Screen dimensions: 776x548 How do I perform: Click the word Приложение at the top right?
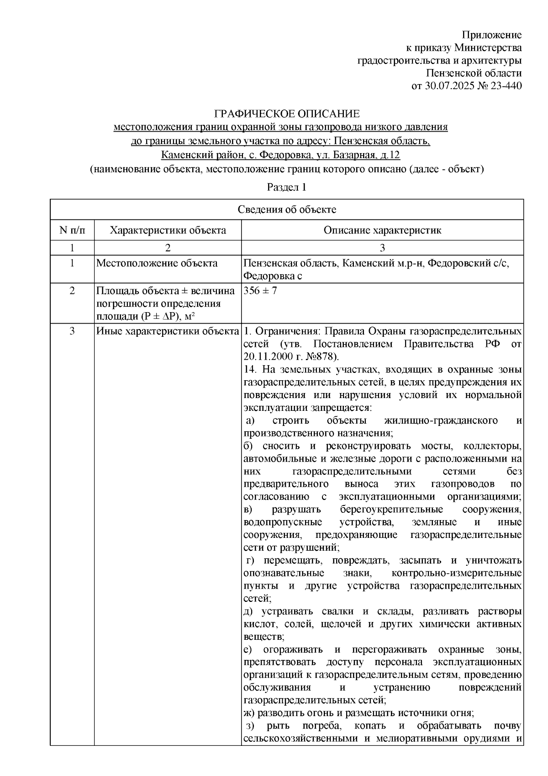click(x=492, y=35)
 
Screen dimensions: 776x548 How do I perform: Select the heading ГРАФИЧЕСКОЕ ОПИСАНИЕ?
click(x=287, y=113)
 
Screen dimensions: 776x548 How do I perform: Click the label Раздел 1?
click(x=286, y=187)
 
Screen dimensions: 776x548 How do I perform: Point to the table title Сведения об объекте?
click(x=287, y=209)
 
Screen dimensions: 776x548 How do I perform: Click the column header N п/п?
click(x=72, y=230)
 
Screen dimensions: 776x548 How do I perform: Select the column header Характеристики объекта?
click(x=168, y=230)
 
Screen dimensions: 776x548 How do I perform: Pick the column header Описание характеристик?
click(x=382, y=230)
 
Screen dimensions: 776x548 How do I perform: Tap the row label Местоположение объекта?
click(x=157, y=263)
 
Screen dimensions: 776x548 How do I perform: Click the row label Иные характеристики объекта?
click(x=168, y=331)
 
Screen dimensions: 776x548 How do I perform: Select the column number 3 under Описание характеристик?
click(x=382, y=248)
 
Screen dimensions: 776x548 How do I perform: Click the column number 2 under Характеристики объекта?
click(x=168, y=248)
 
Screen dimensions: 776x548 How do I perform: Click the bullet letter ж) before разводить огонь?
click(x=249, y=712)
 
